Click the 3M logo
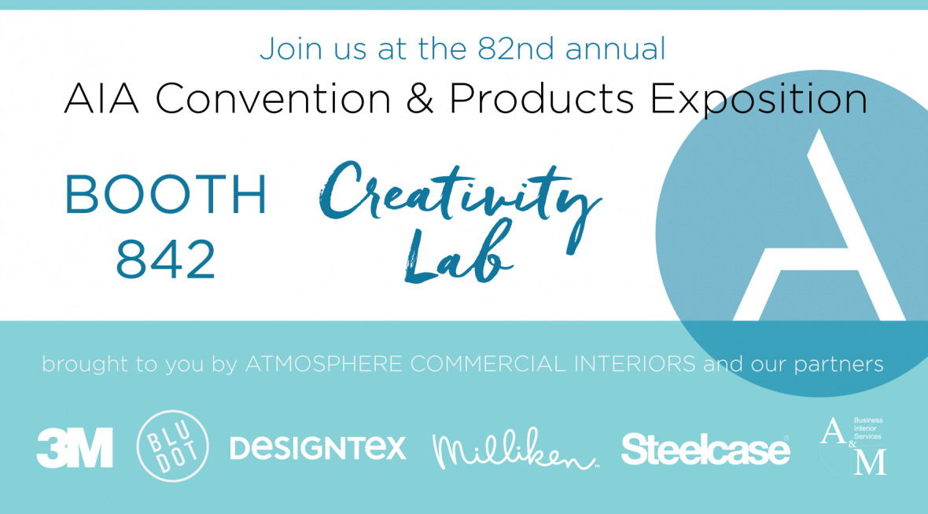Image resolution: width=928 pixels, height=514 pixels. [75, 448]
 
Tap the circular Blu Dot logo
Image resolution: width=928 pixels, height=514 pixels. [173, 446]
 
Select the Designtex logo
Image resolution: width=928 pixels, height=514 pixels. [318, 448]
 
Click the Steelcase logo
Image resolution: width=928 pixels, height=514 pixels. [705, 449]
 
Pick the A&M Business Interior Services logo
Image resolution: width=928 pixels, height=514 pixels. [853, 446]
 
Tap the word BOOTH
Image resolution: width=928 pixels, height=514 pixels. [166, 196]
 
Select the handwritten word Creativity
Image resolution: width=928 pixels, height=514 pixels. [460, 192]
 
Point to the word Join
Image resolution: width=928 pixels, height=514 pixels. [286, 49]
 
